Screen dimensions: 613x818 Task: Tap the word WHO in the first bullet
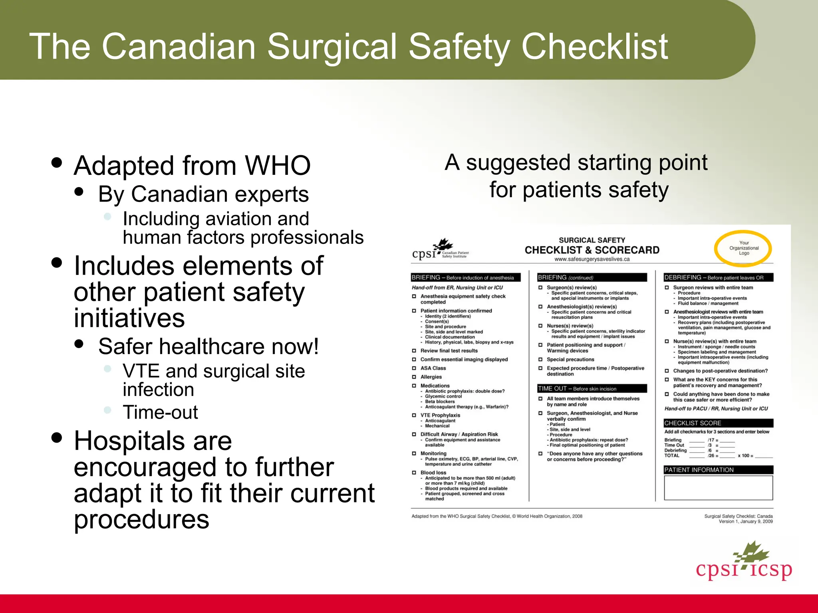tap(278, 166)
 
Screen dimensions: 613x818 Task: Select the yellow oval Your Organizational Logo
tap(743, 248)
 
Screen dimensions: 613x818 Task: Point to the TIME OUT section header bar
tap(592, 388)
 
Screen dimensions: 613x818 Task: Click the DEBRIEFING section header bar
tap(718, 277)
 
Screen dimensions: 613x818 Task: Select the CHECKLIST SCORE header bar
tap(718, 423)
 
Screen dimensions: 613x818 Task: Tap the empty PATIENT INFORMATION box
tap(718, 488)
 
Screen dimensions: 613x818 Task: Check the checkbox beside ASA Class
tap(414, 368)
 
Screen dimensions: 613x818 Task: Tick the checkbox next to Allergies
tap(414, 377)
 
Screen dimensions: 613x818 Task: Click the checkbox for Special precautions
tap(540, 360)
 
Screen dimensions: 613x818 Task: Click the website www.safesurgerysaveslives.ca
tap(592, 259)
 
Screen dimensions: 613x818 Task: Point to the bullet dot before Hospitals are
tap(57, 438)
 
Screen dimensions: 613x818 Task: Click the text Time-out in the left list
tap(160, 412)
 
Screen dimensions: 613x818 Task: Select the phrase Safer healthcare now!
tap(208, 346)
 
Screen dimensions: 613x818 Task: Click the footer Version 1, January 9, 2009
tap(745, 522)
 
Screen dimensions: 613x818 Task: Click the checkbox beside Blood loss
tap(414, 473)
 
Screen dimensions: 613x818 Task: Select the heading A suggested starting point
tap(576, 163)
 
